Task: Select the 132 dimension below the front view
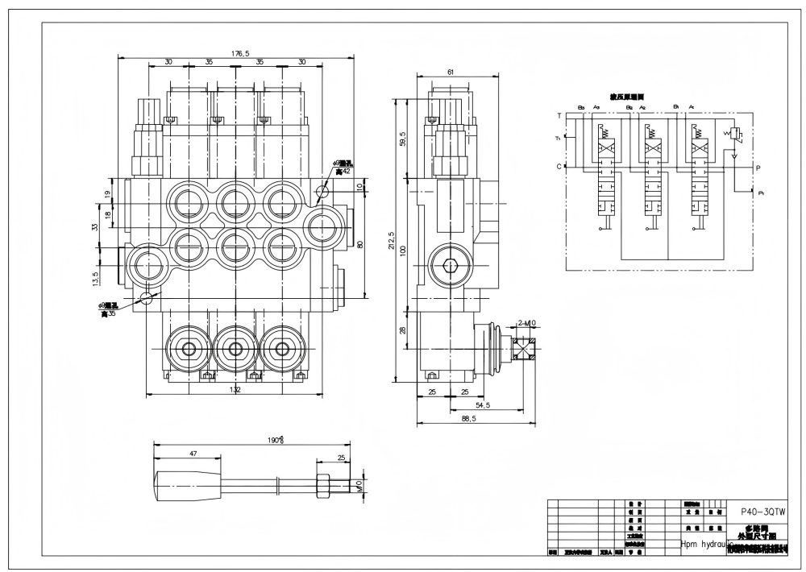pyautogui.click(x=235, y=390)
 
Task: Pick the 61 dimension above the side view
pyautogui.click(x=451, y=73)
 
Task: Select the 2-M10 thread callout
pyautogui.click(x=526, y=322)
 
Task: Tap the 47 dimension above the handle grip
pyautogui.click(x=193, y=454)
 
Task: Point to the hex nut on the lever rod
pyautogui.click(x=323, y=485)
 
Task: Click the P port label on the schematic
pyautogui.click(x=758, y=167)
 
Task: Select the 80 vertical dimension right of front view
pyautogui.click(x=360, y=244)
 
